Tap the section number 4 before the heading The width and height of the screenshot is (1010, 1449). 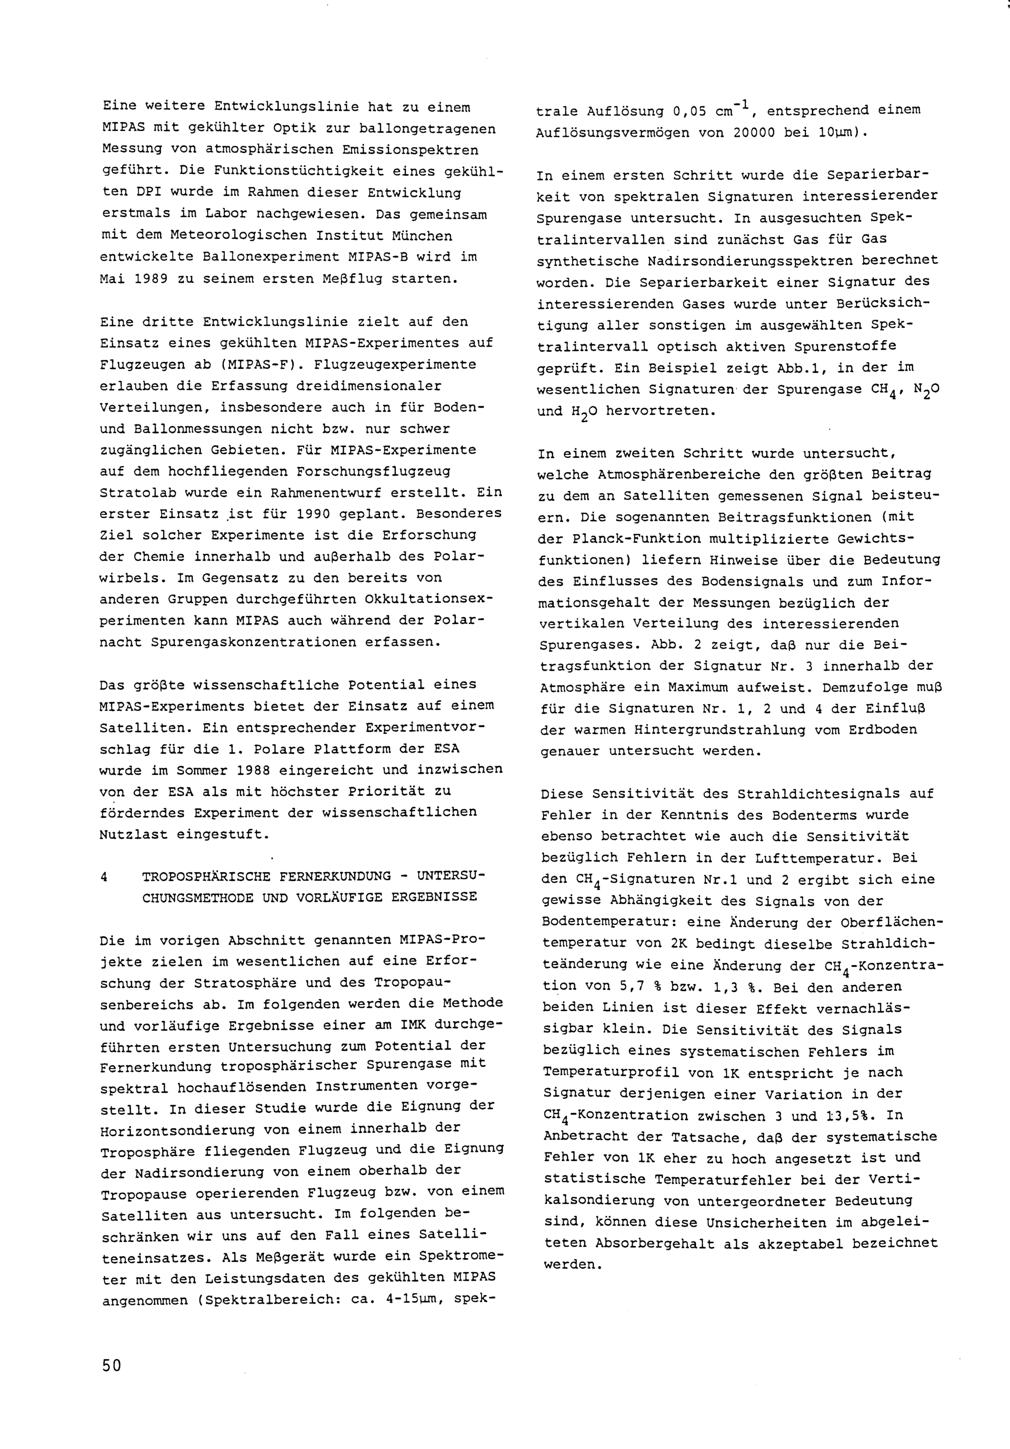pos(104,877)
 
